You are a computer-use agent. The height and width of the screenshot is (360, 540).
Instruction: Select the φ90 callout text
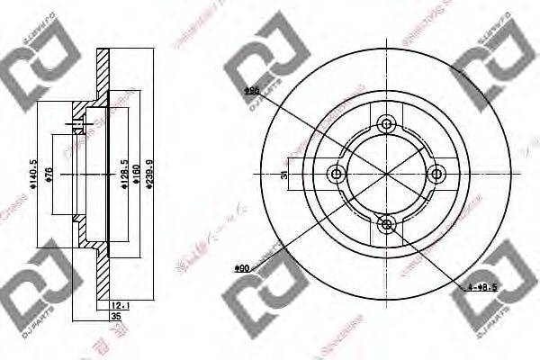(x=241, y=267)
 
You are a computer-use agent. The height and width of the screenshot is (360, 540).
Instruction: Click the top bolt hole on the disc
(x=387, y=124)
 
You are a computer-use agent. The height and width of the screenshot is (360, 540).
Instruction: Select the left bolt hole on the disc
(x=337, y=174)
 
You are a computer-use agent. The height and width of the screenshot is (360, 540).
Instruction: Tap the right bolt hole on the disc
(x=436, y=174)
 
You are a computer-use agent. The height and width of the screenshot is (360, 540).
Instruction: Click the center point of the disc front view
(x=387, y=174)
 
